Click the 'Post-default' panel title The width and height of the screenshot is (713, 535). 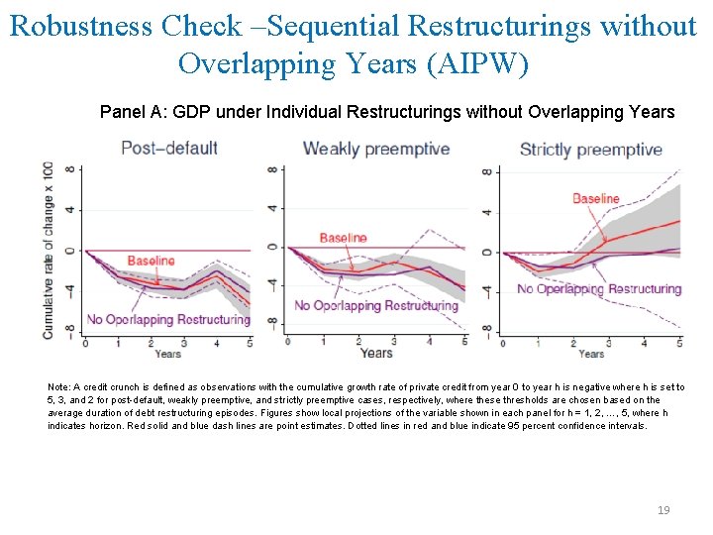pos(168,149)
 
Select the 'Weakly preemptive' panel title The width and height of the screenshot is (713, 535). pos(375,149)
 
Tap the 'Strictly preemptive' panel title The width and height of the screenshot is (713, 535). pos(590,150)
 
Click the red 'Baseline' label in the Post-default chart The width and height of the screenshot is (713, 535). pos(151,261)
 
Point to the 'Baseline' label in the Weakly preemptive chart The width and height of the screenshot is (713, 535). pos(343,238)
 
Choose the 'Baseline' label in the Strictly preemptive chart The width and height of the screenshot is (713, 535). pos(595,199)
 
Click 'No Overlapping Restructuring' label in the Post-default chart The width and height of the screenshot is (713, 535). pos(168,319)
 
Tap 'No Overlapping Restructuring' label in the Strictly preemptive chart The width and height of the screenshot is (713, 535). pos(599,289)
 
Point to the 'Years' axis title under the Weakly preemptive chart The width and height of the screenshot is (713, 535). pos(376,353)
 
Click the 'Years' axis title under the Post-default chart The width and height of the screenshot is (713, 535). pos(167,354)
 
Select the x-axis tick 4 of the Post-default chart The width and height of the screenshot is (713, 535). pos(216,343)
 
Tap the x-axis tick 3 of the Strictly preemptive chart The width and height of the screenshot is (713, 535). pos(608,343)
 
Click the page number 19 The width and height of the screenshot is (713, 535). pos(663,510)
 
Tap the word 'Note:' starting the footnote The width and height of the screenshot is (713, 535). pos(58,387)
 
